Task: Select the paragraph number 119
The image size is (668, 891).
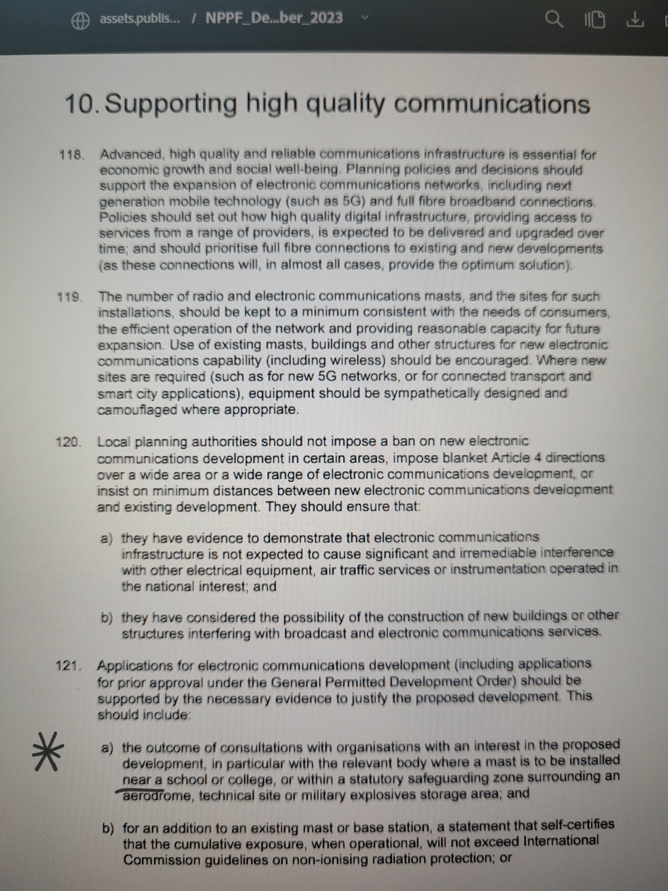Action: point(70,298)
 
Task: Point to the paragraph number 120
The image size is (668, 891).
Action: point(68,442)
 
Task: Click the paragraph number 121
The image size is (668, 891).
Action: point(68,666)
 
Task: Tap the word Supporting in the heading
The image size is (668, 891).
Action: point(171,104)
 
